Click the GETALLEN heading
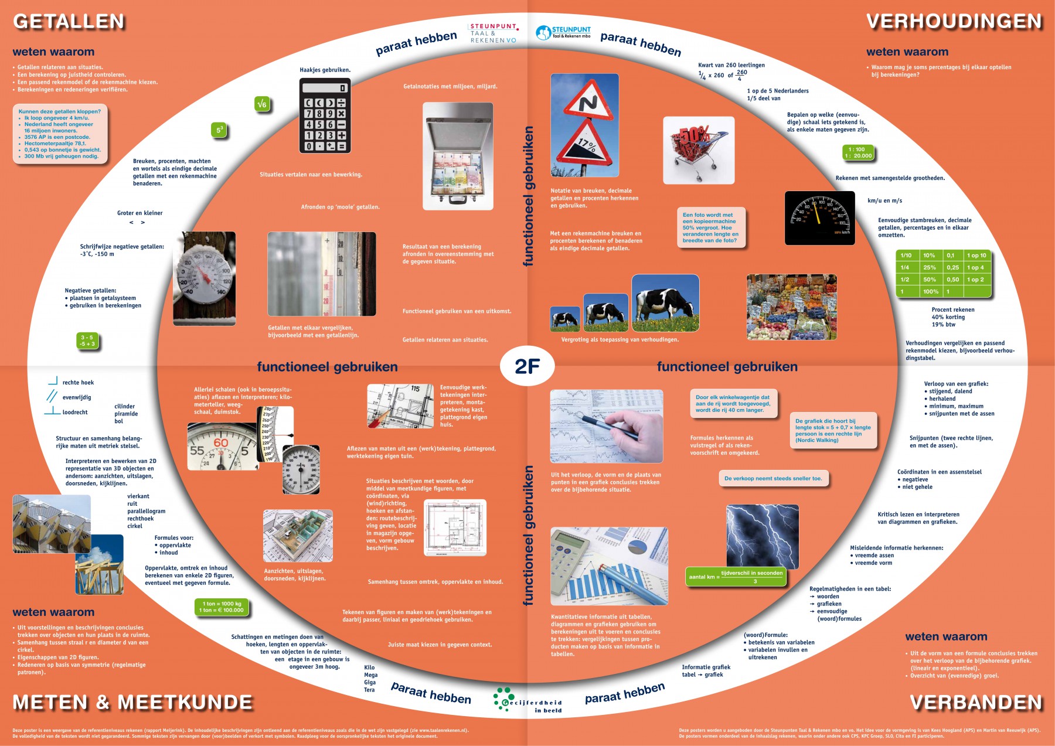69,22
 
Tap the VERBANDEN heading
976,702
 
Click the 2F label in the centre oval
527,366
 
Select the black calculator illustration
325,115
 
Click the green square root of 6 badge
262,104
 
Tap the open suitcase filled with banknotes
458,156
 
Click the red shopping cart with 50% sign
698,150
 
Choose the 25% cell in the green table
930,267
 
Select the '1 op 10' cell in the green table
976,255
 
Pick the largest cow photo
665,302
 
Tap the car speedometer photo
819,217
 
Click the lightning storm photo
763,537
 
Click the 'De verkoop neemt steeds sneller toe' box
773,479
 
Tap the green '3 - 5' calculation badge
87,340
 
